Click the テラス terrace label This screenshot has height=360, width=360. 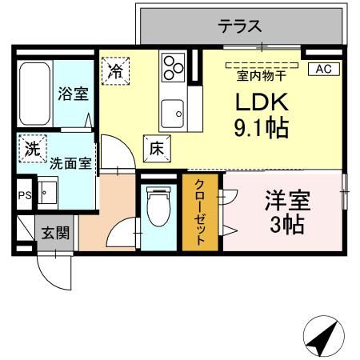tap(241, 26)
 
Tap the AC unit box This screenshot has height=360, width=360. tap(322, 69)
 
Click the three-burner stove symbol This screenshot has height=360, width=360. tap(172, 66)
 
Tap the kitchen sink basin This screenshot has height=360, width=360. tap(171, 114)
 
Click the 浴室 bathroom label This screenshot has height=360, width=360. tap(73, 94)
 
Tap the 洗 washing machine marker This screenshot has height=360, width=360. tap(31, 149)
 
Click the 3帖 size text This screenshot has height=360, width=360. tap(286, 225)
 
